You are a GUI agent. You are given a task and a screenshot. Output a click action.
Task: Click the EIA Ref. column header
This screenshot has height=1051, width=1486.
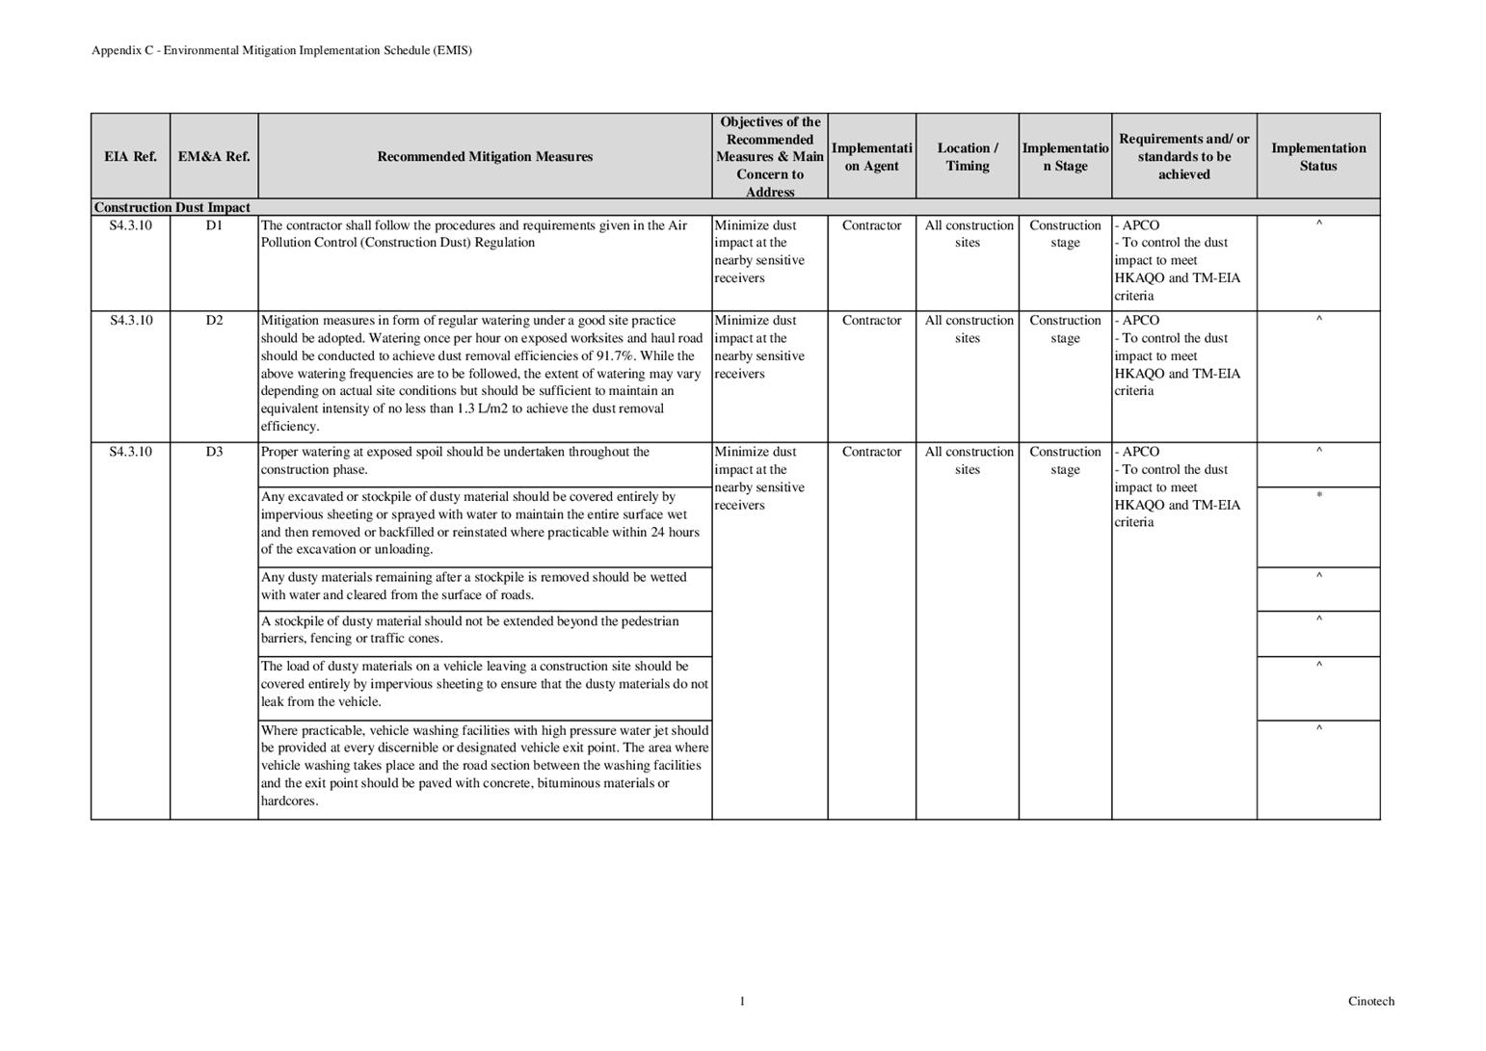click(130, 157)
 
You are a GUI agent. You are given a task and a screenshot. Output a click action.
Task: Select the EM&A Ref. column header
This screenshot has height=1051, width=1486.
click(214, 157)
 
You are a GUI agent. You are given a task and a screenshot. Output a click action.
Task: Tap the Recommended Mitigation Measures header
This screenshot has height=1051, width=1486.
click(485, 157)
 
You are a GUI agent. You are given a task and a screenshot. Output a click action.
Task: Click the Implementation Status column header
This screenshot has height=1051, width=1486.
click(1317, 157)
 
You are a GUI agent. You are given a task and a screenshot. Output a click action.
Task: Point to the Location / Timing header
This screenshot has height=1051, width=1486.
click(967, 157)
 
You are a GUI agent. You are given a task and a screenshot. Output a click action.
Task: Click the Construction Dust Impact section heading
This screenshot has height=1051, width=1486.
click(172, 208)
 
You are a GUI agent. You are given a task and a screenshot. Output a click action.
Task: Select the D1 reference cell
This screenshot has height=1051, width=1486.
click(214, 225)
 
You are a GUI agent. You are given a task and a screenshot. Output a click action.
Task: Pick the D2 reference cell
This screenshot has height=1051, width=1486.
click(214, 321)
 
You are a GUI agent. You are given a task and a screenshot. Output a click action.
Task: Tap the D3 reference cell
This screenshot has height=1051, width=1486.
click(214, 452)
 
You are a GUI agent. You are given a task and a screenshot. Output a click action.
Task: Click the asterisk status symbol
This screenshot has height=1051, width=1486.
click(1318, 496)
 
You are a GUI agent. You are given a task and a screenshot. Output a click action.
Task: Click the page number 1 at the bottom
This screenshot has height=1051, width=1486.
click(742, 1002)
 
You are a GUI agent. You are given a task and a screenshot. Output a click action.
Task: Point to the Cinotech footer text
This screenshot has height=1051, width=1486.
click(1370, 1002)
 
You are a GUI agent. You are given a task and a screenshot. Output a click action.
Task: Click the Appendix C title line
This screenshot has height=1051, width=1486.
click(281, 50)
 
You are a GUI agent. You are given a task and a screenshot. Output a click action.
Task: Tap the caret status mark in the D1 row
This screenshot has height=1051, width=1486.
click(1318, 225)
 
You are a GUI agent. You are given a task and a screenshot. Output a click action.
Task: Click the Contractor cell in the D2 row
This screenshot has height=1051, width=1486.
click(871, 321)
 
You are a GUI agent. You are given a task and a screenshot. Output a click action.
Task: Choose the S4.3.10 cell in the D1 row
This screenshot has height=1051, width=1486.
click(130, 225)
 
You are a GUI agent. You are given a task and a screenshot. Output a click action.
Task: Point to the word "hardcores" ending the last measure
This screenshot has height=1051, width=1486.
click(287, 801)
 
